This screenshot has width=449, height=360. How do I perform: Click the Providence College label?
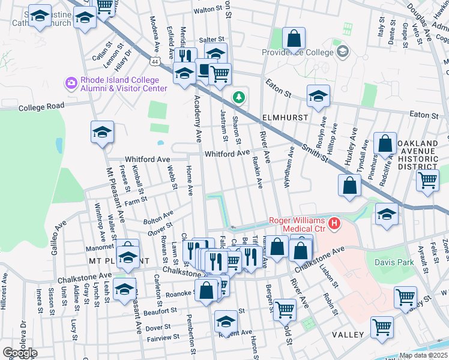pos(297,52)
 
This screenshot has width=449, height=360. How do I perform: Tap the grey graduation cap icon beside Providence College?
pos(342,51)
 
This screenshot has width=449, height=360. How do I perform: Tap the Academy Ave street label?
pos(197,119)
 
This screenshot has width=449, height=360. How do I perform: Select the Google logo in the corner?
pos(19,353)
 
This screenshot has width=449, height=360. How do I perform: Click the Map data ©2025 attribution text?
pos(424,355)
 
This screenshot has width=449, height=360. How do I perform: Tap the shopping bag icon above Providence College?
pos(294,39)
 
